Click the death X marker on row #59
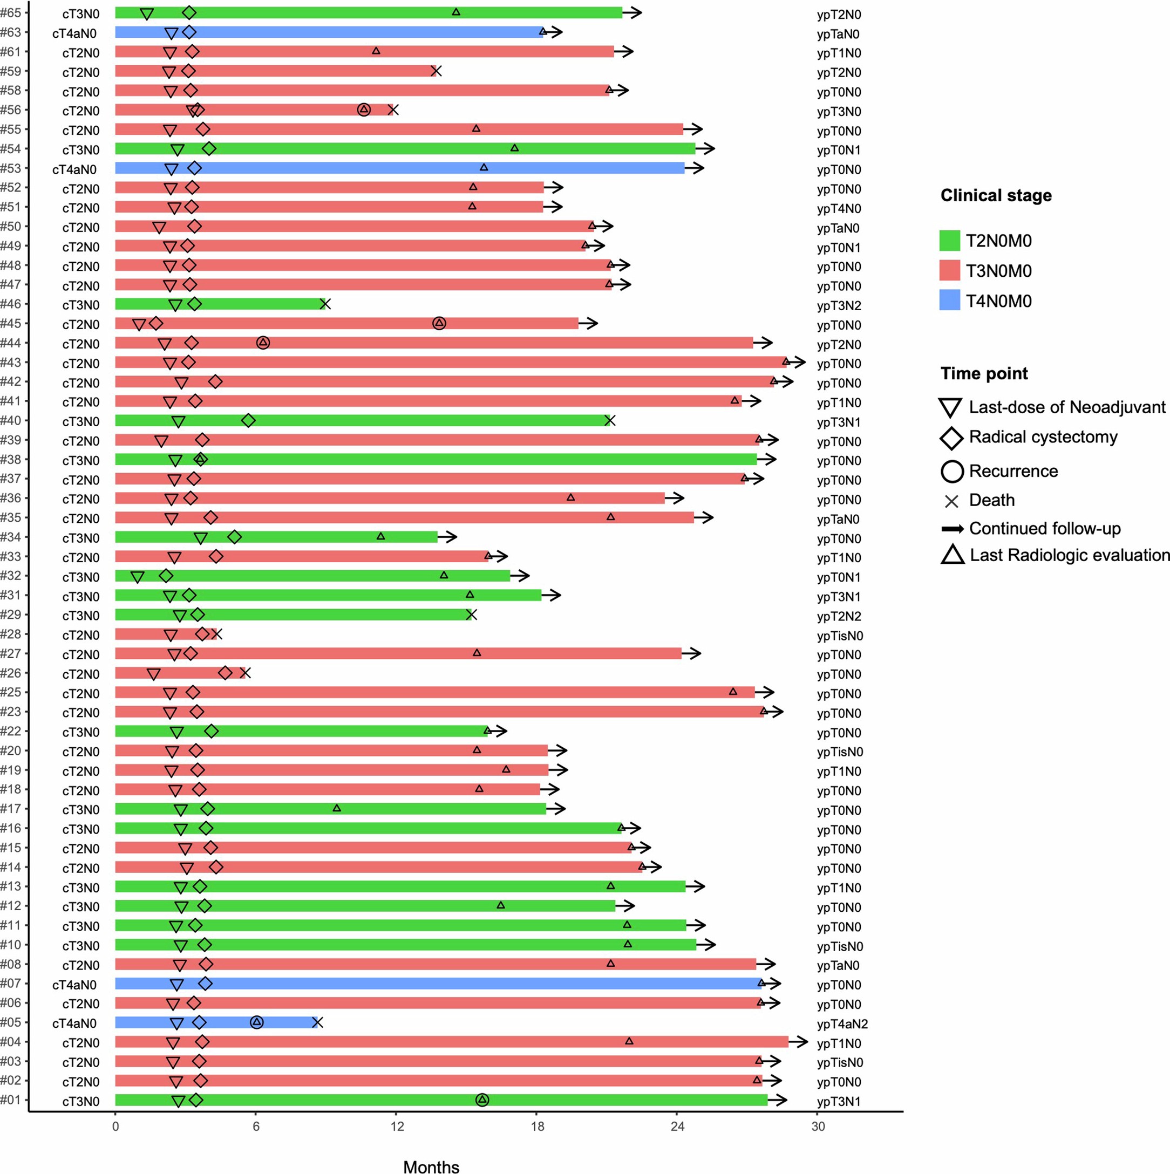click(436, 71)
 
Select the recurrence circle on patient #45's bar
click(439, 323)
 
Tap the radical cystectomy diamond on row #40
click(248, 420)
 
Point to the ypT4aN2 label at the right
click(842, 1024)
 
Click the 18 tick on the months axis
click(538, 1127)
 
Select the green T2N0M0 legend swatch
click(949, 241)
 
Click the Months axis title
click(431, 1166)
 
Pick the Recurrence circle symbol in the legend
click(952, 471)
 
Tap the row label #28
click(11, 634)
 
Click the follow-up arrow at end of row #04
click(798, 1042)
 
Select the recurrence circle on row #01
click(482, 1100)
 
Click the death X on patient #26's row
click(246, 673)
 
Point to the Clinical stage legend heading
click(996, 196)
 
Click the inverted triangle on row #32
click(138, 577)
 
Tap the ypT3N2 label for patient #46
click(839, 306)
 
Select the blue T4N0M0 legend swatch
click(949, 300)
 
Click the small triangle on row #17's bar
click(337, 808)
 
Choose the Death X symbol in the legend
click(951, 501)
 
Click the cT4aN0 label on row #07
click(74, 985)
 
